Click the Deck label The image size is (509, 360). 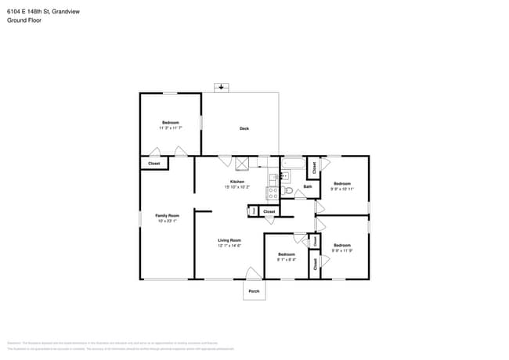[x=244, y=128]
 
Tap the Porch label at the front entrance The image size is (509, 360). [x=254, y=291]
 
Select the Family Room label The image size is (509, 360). [x=167, y=215]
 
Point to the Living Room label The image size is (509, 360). [x=229, y=240]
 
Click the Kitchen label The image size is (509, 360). [x=237, y=182]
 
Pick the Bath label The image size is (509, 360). [x=308, y=186]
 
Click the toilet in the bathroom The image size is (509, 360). [x=287, y=190]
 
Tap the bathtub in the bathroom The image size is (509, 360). [x=294, y=164]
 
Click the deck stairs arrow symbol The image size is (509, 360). [x=223, y=87]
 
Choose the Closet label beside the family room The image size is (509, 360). [x=154, y=164]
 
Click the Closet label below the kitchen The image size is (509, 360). [x=269, y=211]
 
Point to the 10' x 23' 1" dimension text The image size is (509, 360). [x=167, y=221]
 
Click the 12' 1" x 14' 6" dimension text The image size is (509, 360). [x=229, y=246]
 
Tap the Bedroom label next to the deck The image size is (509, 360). [x=171, y=123]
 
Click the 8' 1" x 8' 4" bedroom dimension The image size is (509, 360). [x=286, y=260]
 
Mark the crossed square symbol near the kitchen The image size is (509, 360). [x=243, y=163]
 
